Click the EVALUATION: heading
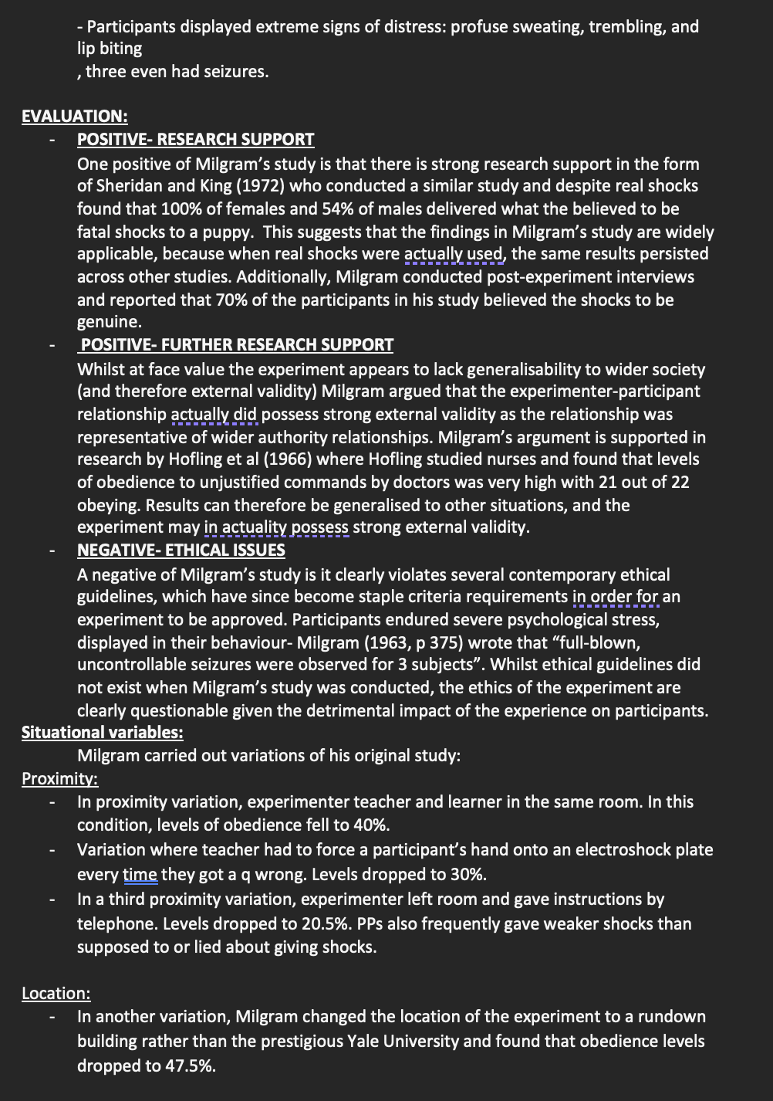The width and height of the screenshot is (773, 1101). (x=74, y=117)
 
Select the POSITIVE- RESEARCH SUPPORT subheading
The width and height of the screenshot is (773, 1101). (x=195, y=140)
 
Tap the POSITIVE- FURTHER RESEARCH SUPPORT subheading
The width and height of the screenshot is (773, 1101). (x=237, y=345)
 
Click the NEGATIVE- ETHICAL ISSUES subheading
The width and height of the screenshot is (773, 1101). (x=181, y=550)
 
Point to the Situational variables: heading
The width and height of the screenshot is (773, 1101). (x=102, y=733)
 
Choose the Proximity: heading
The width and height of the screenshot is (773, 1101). (x=59, y=779)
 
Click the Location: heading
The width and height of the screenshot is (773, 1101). (x=56, y=994)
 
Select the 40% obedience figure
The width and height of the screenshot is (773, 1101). (x=370, y=825)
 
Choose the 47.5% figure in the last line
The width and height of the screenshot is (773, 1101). (x=190, y=1066)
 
